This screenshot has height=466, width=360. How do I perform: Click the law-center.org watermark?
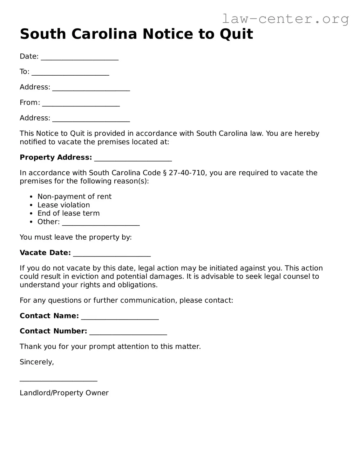tap(285, 19)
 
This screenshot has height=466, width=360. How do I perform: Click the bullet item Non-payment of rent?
tap(74, 196)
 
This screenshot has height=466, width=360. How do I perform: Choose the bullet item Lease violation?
tap(64, 205)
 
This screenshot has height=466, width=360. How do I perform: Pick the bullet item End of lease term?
tap(68, 213)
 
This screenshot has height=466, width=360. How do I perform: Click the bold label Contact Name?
tap(49, 316)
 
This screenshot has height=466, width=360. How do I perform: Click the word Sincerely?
tap(37, 362)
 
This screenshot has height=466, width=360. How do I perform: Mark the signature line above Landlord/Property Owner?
tap(58, 380)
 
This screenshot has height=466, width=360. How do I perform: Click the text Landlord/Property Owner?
tap(64, 393)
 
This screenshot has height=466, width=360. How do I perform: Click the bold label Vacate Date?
tap(45, 253)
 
